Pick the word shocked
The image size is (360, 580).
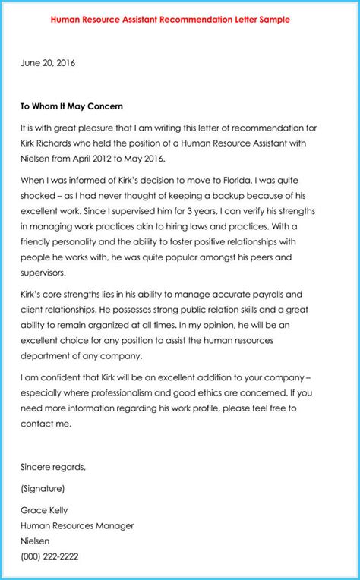pos(40,196)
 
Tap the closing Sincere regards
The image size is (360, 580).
pos(53,466)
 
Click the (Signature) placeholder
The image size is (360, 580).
pos(43,488)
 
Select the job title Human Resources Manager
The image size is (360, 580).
pos(78,525)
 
